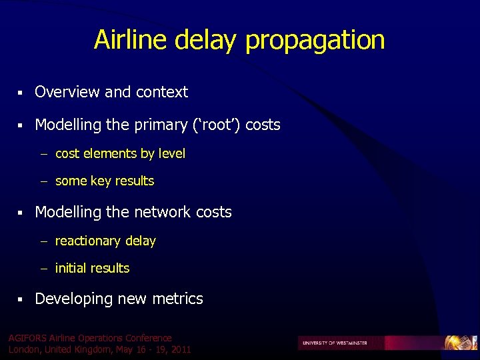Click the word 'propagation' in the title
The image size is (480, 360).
(315, 41)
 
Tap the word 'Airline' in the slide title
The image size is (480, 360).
(131, 40)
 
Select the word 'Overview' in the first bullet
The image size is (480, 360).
(67, 92)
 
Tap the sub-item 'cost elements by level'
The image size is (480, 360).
(120, 154)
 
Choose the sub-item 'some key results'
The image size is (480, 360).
(104, 181)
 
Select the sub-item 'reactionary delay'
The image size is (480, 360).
(105, 241)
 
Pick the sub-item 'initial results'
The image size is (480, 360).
(92, 269)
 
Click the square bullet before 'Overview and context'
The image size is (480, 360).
(21, 93)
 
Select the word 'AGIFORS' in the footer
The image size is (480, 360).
(27, 339)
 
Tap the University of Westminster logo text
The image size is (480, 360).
(335, 343)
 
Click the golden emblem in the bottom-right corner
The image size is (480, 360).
(461, 343)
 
